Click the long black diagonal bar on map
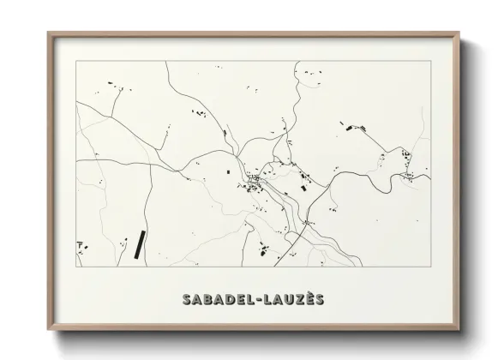(x=139, y=243)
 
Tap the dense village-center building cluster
(x=255, y=181)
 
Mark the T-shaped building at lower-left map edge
(x=81, y=245)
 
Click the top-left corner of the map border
(x=76, y=61)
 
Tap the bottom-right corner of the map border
(x=430, y=267)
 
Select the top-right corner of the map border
(x=430, y=61)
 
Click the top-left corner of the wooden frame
(x=48, y=33)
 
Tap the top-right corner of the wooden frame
(x=459, y=33)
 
